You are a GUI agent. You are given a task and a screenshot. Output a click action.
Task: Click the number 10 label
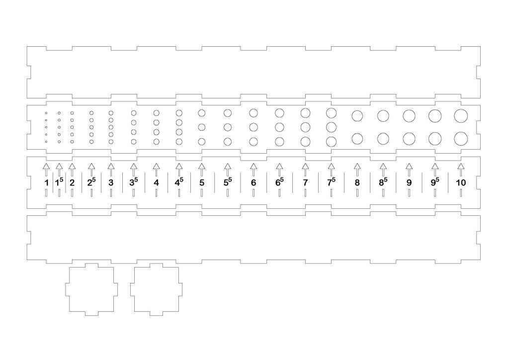[x=461, y=182]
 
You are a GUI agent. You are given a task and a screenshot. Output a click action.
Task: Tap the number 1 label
[x=46, y=182]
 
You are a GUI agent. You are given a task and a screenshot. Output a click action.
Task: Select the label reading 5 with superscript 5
[x=228, y=182]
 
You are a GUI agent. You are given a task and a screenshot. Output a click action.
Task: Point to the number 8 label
[x=357, y=182]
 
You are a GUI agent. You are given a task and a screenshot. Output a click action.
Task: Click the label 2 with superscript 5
[x=91, y=182]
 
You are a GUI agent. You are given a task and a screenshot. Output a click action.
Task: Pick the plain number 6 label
[x=254, y=182]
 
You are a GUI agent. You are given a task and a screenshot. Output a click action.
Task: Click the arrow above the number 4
[x=156, y=169]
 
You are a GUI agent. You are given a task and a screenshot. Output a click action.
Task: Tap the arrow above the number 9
[x=409, y=169]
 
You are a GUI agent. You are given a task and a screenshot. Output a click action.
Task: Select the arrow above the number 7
[x=305, y=169]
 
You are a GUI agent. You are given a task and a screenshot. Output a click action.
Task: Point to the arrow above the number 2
[x=72, y=169]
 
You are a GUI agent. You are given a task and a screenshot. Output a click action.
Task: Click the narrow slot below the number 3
[x=111, y=193]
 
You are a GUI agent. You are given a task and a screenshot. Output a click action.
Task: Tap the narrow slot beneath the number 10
[x=461, y=193]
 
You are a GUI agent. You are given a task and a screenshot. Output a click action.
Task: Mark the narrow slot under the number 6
[x=254, y=193]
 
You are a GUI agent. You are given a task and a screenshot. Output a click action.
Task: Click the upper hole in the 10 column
[x=461, y=115]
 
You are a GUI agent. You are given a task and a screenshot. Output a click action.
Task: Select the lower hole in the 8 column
[x=357, y=138]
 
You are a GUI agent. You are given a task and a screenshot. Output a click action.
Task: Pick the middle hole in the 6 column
[x=254, y=127]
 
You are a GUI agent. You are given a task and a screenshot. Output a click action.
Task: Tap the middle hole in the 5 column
[x=202, y=127]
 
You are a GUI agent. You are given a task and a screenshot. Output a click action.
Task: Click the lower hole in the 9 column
[x=409, y=138]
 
